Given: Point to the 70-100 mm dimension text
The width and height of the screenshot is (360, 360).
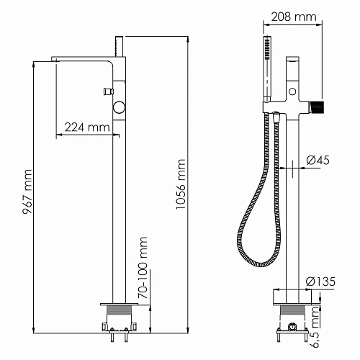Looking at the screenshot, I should (143, 268).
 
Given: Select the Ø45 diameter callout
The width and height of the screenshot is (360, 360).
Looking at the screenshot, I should (318, 161).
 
